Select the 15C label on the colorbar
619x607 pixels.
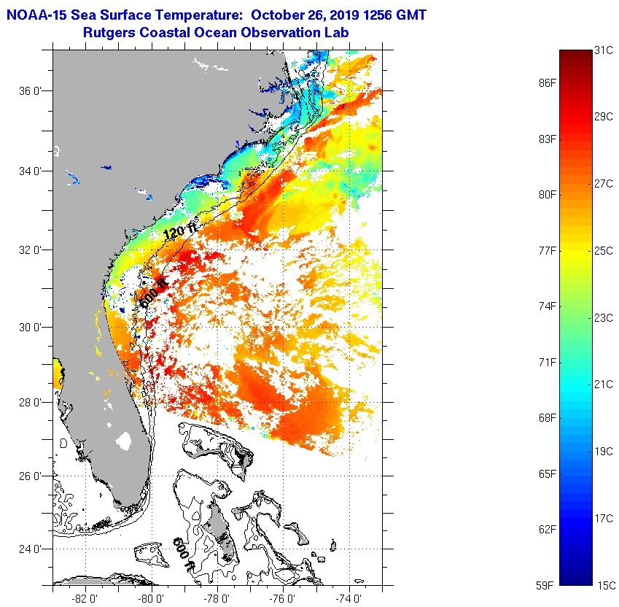coord(606,585)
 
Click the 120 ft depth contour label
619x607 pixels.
coord(180,232)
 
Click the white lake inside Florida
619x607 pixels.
coord(124,441)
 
